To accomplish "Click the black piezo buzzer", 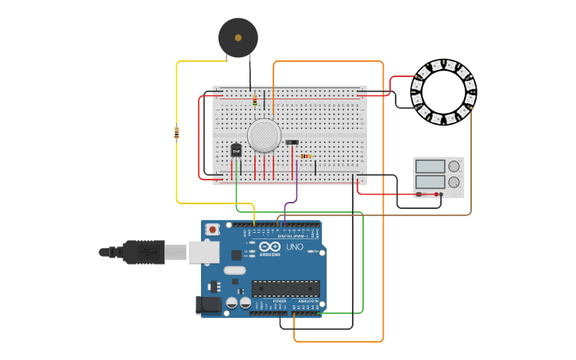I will (238, 37).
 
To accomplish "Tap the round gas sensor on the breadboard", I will (264, 135).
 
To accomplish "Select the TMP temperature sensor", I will (236, 149).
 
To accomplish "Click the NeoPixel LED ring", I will (443, 92).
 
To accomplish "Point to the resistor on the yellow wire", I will (176, 133).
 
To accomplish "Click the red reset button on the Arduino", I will (212, 229).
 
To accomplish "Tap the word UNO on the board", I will (294, 246).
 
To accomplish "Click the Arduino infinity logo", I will (270, 246).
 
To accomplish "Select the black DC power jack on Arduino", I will (207, 304).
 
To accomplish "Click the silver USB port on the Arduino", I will (203, 253).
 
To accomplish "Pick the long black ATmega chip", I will (286, 288).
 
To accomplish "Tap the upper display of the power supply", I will (430, 166).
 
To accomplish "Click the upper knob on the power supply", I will (454, 166).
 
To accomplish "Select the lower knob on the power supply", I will (454, 182).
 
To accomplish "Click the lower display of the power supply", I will (430, 182).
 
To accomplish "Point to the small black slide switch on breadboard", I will (292, 142).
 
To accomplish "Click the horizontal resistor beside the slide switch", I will (306, 156).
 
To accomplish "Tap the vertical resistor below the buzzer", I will (254, 100).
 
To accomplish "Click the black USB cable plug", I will (144, 252).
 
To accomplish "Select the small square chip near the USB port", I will (236, 255).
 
